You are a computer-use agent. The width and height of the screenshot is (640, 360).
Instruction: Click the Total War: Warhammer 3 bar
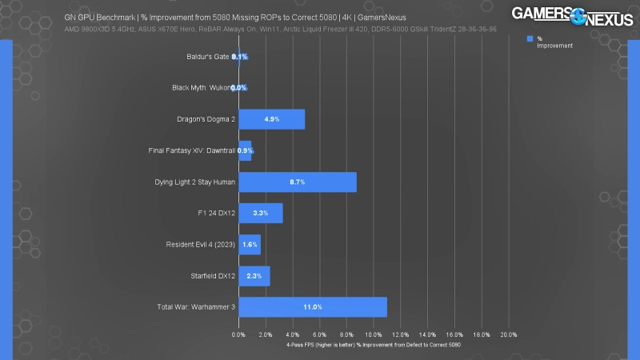[x=313, y=307]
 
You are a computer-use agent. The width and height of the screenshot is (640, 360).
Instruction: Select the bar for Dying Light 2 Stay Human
[x=298, y=182]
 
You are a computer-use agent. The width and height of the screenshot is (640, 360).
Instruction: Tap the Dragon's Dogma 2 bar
[x=271, y=119]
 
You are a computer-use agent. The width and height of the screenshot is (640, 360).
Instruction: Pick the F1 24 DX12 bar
[x=261, y=213]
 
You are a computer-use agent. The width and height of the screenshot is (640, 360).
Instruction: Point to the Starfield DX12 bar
[x=254, y=276]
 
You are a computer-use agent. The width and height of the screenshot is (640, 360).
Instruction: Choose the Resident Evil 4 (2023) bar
[x=250, y=244]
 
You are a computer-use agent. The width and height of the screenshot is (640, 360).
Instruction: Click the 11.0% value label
[x=313, y=307]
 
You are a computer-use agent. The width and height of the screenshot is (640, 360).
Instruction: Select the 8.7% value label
[x=297, y=182]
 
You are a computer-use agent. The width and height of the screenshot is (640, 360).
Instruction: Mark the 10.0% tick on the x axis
[x=374, y=335]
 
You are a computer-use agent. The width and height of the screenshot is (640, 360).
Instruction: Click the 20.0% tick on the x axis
[x=508, y=335]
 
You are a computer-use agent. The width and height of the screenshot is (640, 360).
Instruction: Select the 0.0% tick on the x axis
[x=238, y=335]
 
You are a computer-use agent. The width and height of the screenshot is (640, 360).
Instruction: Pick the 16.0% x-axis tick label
[x=454, y=335]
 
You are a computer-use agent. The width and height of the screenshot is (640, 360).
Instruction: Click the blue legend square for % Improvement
[x=530, y=38]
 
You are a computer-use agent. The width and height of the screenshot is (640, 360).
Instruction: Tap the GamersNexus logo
[x=570, y=25]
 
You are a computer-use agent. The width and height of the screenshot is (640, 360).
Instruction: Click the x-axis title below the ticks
[x=374, y=345]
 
